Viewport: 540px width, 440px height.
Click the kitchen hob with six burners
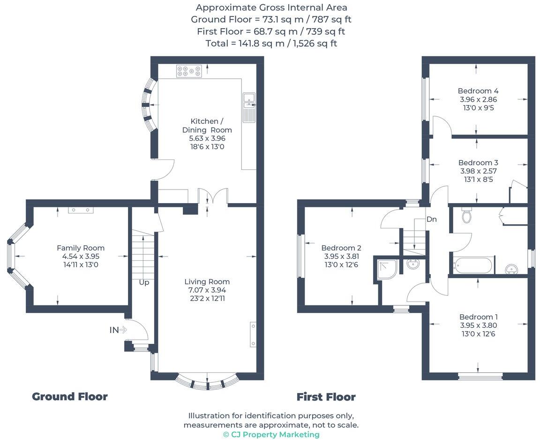[189, 71]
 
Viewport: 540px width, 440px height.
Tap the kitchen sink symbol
[248, 107]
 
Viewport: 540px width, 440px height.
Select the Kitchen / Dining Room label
[207, 125]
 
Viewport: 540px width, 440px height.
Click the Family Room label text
[81, 248]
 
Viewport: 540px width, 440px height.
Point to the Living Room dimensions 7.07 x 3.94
[207, 290]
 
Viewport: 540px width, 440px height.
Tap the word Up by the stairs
[143, 283]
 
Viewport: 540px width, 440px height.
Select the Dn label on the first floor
[432, 219]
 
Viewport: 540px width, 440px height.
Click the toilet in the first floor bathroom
[466, 215]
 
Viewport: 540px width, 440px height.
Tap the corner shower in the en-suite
[388, 267]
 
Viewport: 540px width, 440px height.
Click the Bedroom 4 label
[478, 91]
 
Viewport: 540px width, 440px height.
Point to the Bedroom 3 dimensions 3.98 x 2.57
[478, 171]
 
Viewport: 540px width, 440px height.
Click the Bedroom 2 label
[341, 248]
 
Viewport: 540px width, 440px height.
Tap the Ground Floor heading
[70, 396]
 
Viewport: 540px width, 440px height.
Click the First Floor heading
[326, 397]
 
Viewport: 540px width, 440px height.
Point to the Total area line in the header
[271, 43]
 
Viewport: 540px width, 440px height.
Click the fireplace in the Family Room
[81, 210]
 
